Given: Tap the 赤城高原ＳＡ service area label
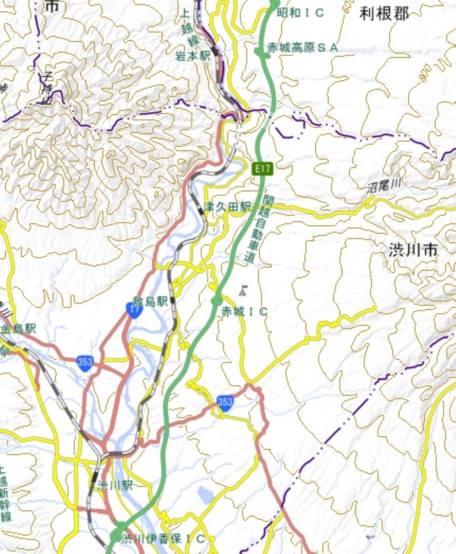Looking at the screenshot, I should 303,48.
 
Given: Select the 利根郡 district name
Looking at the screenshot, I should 385,14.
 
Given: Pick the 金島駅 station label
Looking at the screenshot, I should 17,329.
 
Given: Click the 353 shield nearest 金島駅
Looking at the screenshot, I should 85,363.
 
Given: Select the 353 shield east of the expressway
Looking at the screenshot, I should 225,403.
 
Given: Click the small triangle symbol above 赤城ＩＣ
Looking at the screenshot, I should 243,290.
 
